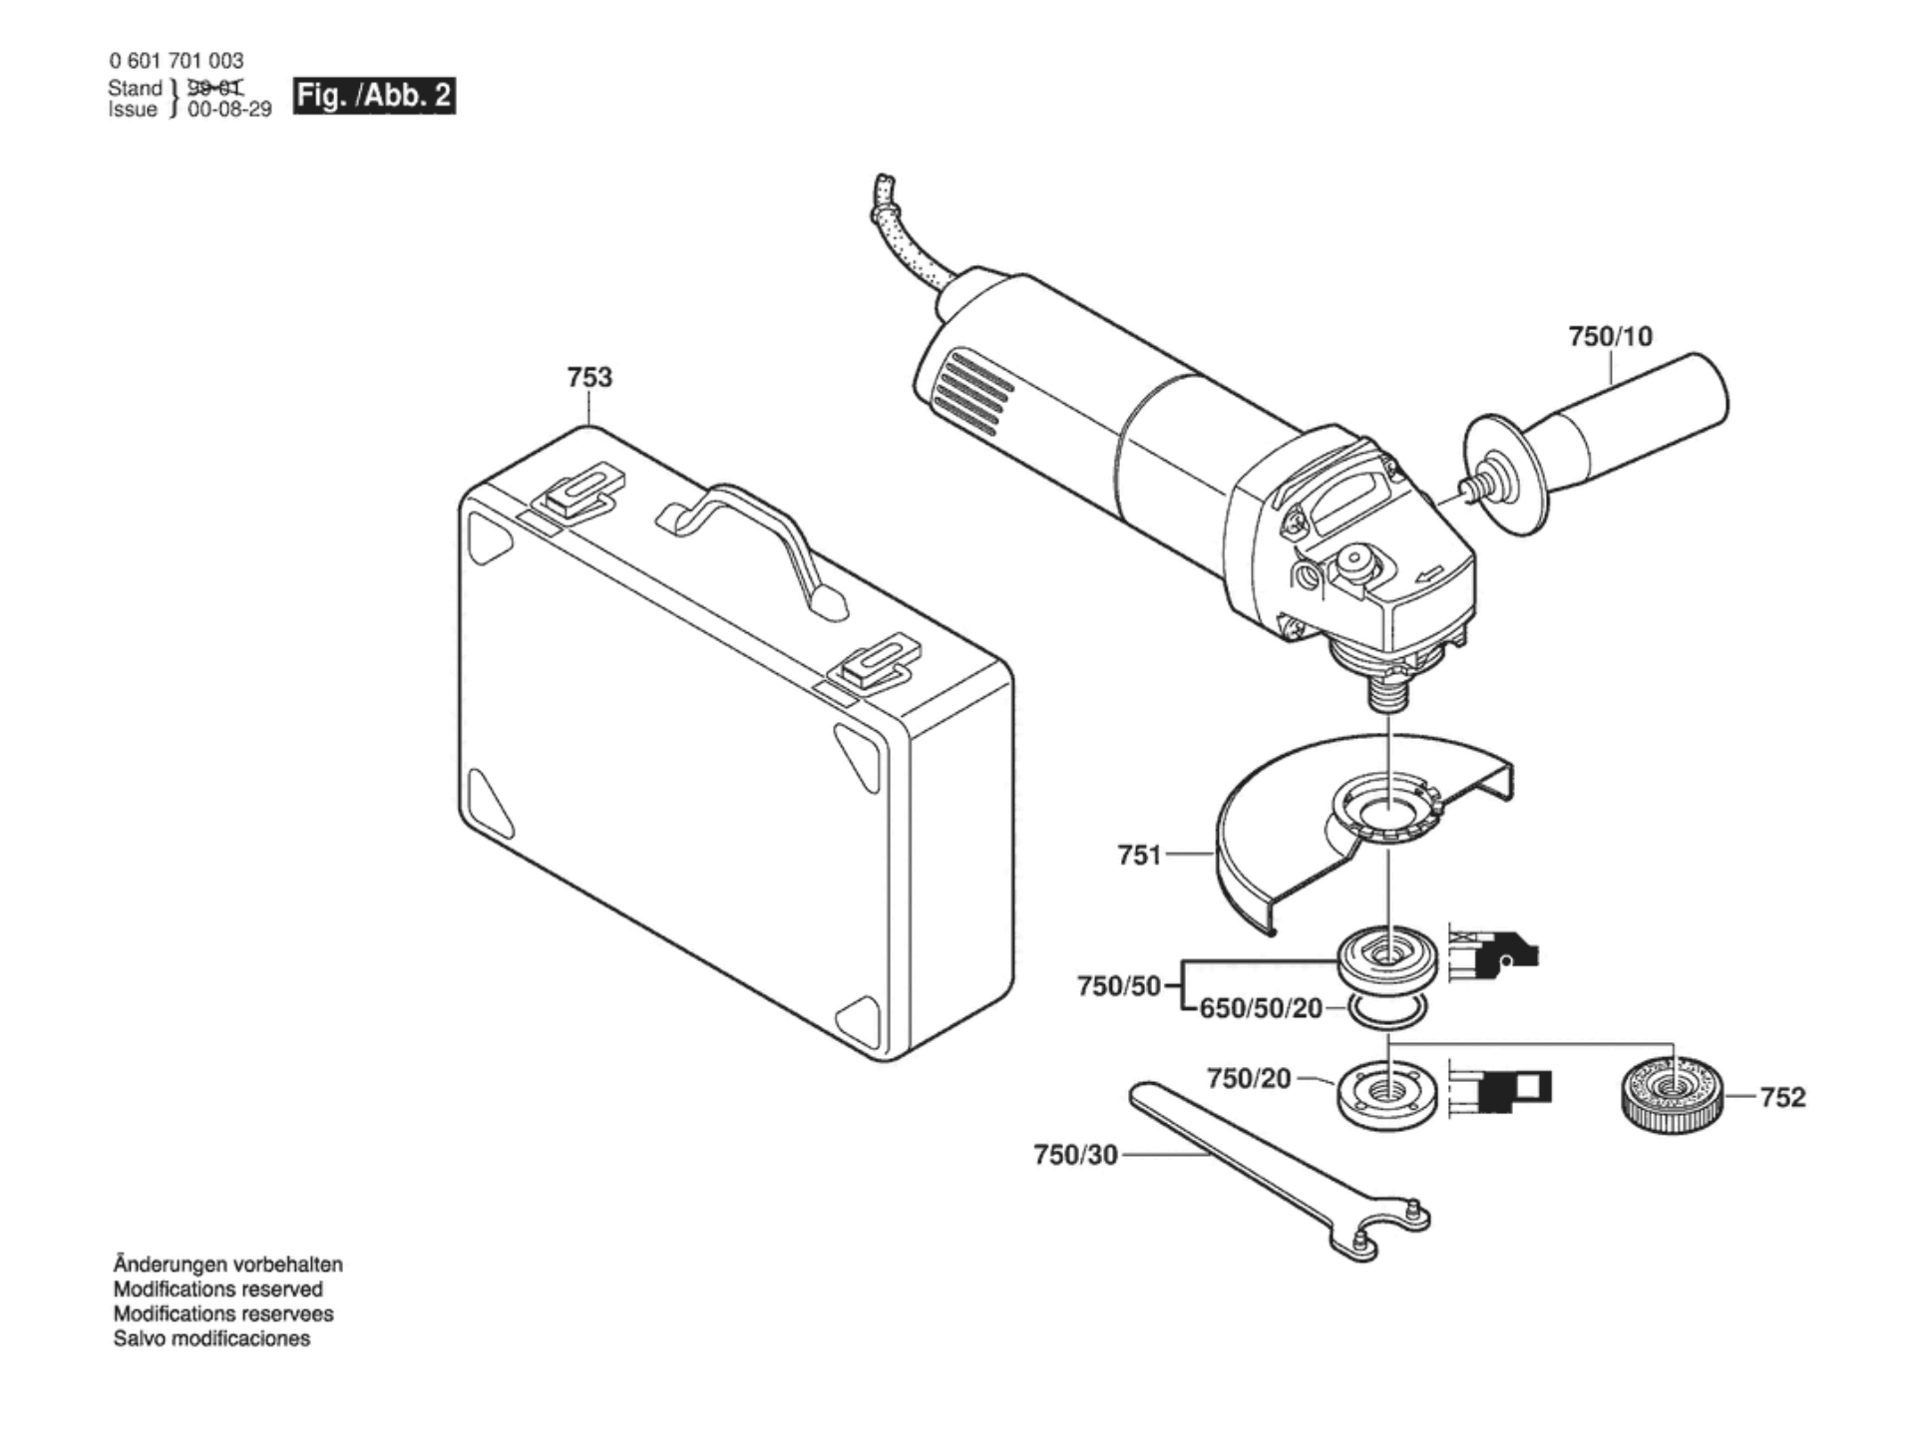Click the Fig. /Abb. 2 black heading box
click(374, 96)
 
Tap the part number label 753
click(589, 377)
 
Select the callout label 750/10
click(1611, 336)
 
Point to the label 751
click(1139, 855)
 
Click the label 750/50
click(1119, 986)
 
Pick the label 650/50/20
click(1261, 1009)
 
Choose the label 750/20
click(1249, 1078)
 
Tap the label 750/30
click(1075, 1155)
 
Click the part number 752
click(1782, 1097)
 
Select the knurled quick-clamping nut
click(1670, 1093)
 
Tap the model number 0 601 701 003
click(176, 61)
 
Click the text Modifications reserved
click(217, 1289)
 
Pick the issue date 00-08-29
click(229, 110)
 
